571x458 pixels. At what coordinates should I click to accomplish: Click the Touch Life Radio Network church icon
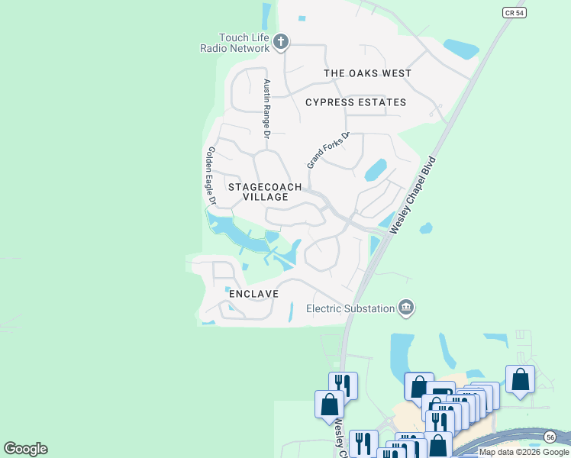[281, 41]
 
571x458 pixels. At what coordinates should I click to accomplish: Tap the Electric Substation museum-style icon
[406, 308]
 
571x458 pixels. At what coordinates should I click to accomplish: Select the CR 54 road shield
[515, 13]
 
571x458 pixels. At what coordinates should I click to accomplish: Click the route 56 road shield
[550, 436]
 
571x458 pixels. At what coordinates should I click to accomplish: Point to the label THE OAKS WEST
[368, 73]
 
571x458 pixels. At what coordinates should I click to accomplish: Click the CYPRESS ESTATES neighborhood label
[356, 102]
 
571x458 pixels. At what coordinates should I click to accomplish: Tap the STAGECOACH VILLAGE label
[266, 192]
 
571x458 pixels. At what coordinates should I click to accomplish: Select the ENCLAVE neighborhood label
[253, 293]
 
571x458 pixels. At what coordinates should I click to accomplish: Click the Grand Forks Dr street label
[327, 150]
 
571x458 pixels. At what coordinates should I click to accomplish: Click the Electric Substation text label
[350, 308]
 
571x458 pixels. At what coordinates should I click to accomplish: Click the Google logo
[25, 448]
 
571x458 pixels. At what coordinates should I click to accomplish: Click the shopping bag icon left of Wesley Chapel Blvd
[329, 403]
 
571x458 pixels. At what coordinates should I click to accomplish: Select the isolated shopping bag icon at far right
[520, 379]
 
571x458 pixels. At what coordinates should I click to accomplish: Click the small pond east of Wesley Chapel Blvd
[426, 227]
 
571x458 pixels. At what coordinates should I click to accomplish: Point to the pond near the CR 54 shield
[461, 49]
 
